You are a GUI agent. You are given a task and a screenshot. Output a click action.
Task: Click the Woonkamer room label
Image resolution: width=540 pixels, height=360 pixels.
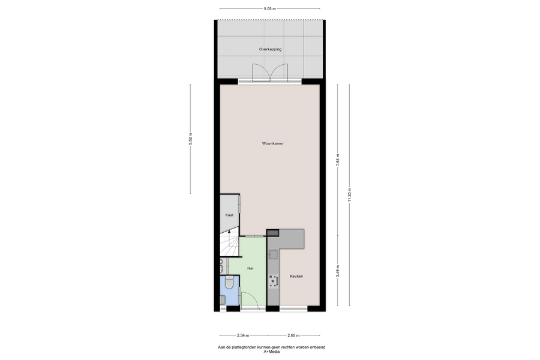(273, 143)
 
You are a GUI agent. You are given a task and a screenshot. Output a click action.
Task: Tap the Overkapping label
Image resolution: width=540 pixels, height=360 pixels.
(271, 49)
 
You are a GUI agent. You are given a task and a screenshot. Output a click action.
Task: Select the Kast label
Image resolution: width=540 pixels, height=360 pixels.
(229, 215)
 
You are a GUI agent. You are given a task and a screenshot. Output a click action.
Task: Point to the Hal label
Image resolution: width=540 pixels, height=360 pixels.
(250, 268)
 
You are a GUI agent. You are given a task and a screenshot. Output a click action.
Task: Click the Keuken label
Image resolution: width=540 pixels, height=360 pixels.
(296, 276)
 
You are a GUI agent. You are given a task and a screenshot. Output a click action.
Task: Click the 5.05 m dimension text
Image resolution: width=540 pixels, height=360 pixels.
(269, 9)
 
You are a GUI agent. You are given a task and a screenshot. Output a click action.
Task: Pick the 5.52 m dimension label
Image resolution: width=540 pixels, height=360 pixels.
(190, 139)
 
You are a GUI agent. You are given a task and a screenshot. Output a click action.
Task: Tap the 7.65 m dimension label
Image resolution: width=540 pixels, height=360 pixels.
(338, 160)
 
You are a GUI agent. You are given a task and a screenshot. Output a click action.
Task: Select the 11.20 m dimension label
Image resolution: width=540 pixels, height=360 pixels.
(350, 195)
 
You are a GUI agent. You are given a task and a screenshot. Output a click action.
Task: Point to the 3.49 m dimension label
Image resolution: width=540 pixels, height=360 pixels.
(338, 271)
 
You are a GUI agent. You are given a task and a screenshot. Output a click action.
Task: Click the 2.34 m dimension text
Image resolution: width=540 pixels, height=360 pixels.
(243, 335)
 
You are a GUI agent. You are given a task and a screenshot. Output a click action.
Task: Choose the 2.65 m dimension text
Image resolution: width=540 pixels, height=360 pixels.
(293, 335)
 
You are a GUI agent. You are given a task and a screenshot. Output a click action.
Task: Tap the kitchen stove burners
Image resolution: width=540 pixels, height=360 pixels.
(274, 281)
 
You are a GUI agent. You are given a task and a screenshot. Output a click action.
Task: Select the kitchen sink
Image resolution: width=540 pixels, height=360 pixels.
(274, 254)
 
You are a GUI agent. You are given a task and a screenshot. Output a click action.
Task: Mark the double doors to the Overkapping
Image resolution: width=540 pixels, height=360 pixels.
(270, 73)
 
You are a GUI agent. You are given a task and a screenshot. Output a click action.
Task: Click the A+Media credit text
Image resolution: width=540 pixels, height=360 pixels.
(272, 352)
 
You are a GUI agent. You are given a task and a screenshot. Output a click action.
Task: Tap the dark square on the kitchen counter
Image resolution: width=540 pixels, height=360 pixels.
(273, 233)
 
